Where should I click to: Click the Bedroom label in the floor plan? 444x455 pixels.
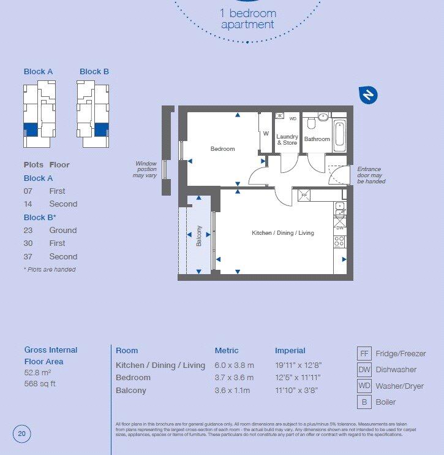pos(222,149)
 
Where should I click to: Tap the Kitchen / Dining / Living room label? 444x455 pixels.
pos(282,233)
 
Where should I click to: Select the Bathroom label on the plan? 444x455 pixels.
pos(317,139)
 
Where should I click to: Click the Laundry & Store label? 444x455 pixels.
pos(287,140)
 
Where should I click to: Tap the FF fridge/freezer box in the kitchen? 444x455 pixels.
pos(303,196)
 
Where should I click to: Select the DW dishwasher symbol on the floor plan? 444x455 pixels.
pos(339,227)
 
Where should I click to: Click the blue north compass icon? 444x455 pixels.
pos(368,94)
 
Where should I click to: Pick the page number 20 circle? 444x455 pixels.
pos(21,434)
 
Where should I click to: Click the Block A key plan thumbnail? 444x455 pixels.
pos(39,115)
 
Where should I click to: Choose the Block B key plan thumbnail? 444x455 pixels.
pos(93,115)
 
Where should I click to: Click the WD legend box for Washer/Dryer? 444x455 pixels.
pos(365,386)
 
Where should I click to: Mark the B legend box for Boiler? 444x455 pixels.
pos(365,402)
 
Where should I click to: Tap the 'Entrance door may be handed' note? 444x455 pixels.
pos(371,175)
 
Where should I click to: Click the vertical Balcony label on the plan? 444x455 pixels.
pos(198,237)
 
